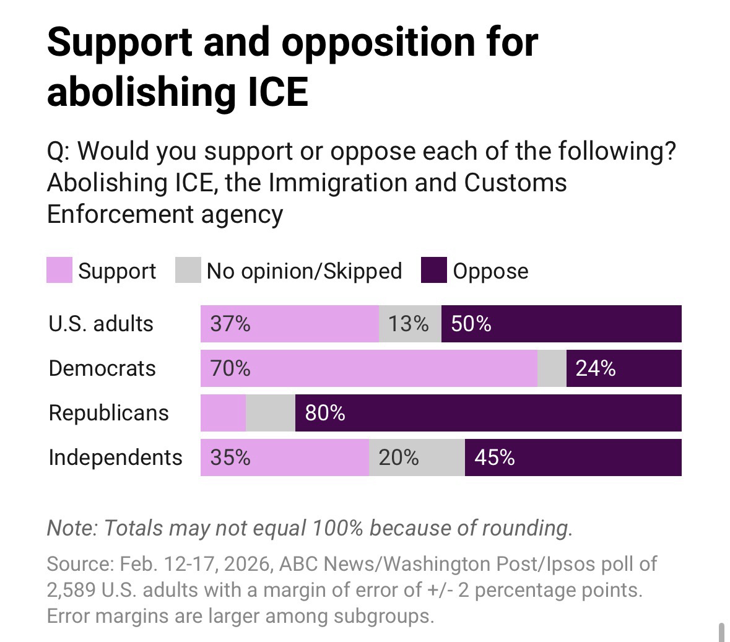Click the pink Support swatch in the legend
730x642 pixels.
click(59, 271)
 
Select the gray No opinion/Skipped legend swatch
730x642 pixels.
click(188, 271)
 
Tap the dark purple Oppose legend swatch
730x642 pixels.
click(433, 271)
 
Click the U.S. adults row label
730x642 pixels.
click(101, 324)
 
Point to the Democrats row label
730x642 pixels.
click(102, 368)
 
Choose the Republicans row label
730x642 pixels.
click(108, 413)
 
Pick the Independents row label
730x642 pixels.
click(115, 458)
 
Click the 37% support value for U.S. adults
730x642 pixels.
click(230, 324)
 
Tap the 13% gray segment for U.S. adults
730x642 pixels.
click(409, 324)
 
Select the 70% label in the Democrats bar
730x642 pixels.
click(230, 368)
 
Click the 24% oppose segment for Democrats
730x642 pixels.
click(596, 368)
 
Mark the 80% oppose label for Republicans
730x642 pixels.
click(325, 413)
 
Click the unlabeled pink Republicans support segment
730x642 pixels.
click(223, 413)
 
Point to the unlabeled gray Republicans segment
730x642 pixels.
click(271, 413)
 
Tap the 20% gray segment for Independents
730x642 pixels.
click(399, 458)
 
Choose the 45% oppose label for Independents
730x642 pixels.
click(495, 458)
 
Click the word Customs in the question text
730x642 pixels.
click(515, 183)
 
